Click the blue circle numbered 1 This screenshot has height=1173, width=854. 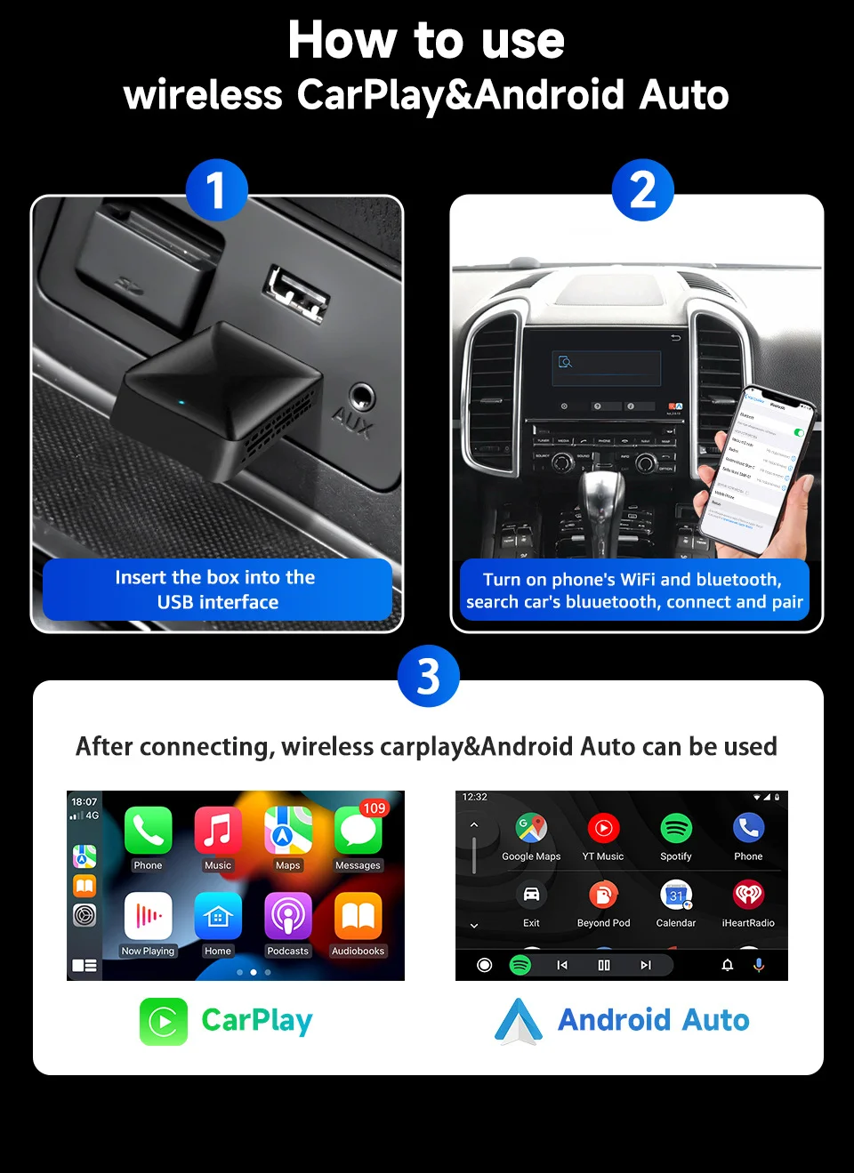coord(216,190)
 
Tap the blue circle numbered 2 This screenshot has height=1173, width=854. coord(642,190)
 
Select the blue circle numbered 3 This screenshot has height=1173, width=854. coord(428,676)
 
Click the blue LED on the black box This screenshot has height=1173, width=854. coord(181,402)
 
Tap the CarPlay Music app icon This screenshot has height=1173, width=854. coord(218,831)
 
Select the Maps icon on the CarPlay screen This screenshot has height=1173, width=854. coord(287,831)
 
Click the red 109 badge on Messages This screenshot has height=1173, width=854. coord(374,808)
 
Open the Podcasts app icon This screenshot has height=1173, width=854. coord(287,916)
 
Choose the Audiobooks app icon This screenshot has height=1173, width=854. coord(358,916)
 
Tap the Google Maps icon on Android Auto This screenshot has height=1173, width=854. coord(531,828)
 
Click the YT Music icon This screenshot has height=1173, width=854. coord(603,828)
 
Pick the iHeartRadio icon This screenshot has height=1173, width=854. coord(748,895)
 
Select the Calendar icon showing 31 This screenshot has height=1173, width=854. coord(676,895)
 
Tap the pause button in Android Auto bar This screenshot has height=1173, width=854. coord(604,965)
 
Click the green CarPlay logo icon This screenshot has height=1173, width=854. coord(164,1021)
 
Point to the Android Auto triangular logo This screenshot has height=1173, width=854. coord(519,1020)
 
